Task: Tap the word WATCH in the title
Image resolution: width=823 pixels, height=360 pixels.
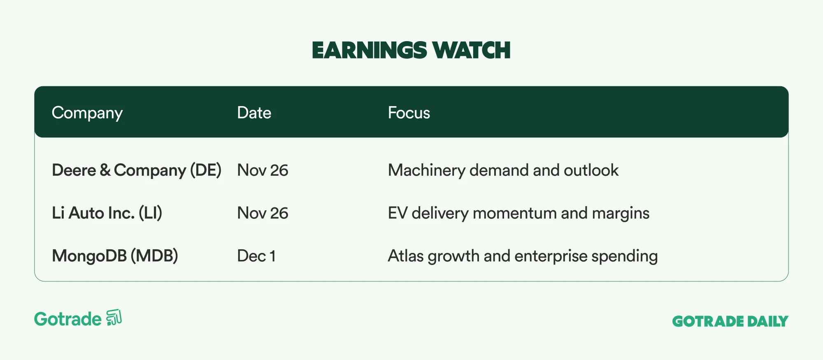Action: tap(472, 51)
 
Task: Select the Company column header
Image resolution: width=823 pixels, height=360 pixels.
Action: tap(87, 113)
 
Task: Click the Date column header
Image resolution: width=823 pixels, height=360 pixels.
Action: tap(254, 113)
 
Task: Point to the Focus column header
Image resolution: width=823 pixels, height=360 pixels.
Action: tap(409, 113)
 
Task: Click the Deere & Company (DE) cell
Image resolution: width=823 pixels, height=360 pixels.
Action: tap(137, 170)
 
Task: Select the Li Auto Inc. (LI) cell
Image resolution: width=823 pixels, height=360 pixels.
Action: tap(107, 213)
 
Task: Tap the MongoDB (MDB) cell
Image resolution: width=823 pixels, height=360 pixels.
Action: tap(115, 256)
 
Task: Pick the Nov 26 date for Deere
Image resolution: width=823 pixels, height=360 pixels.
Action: tap(263, 170)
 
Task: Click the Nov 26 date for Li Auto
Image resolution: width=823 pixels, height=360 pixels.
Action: tap(263, 213)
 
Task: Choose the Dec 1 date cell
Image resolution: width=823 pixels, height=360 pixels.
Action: tap(256, 256)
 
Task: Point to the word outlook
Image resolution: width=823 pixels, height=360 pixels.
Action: tap(591, 170)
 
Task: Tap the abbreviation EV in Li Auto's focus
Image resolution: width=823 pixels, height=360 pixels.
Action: tap(398, 213)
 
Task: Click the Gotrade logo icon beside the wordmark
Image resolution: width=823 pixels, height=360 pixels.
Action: tap(114, 318)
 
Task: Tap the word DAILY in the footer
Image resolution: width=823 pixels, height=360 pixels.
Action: tap(768, 321)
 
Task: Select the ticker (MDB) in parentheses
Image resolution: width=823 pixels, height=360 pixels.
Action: tap(154, 256)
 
